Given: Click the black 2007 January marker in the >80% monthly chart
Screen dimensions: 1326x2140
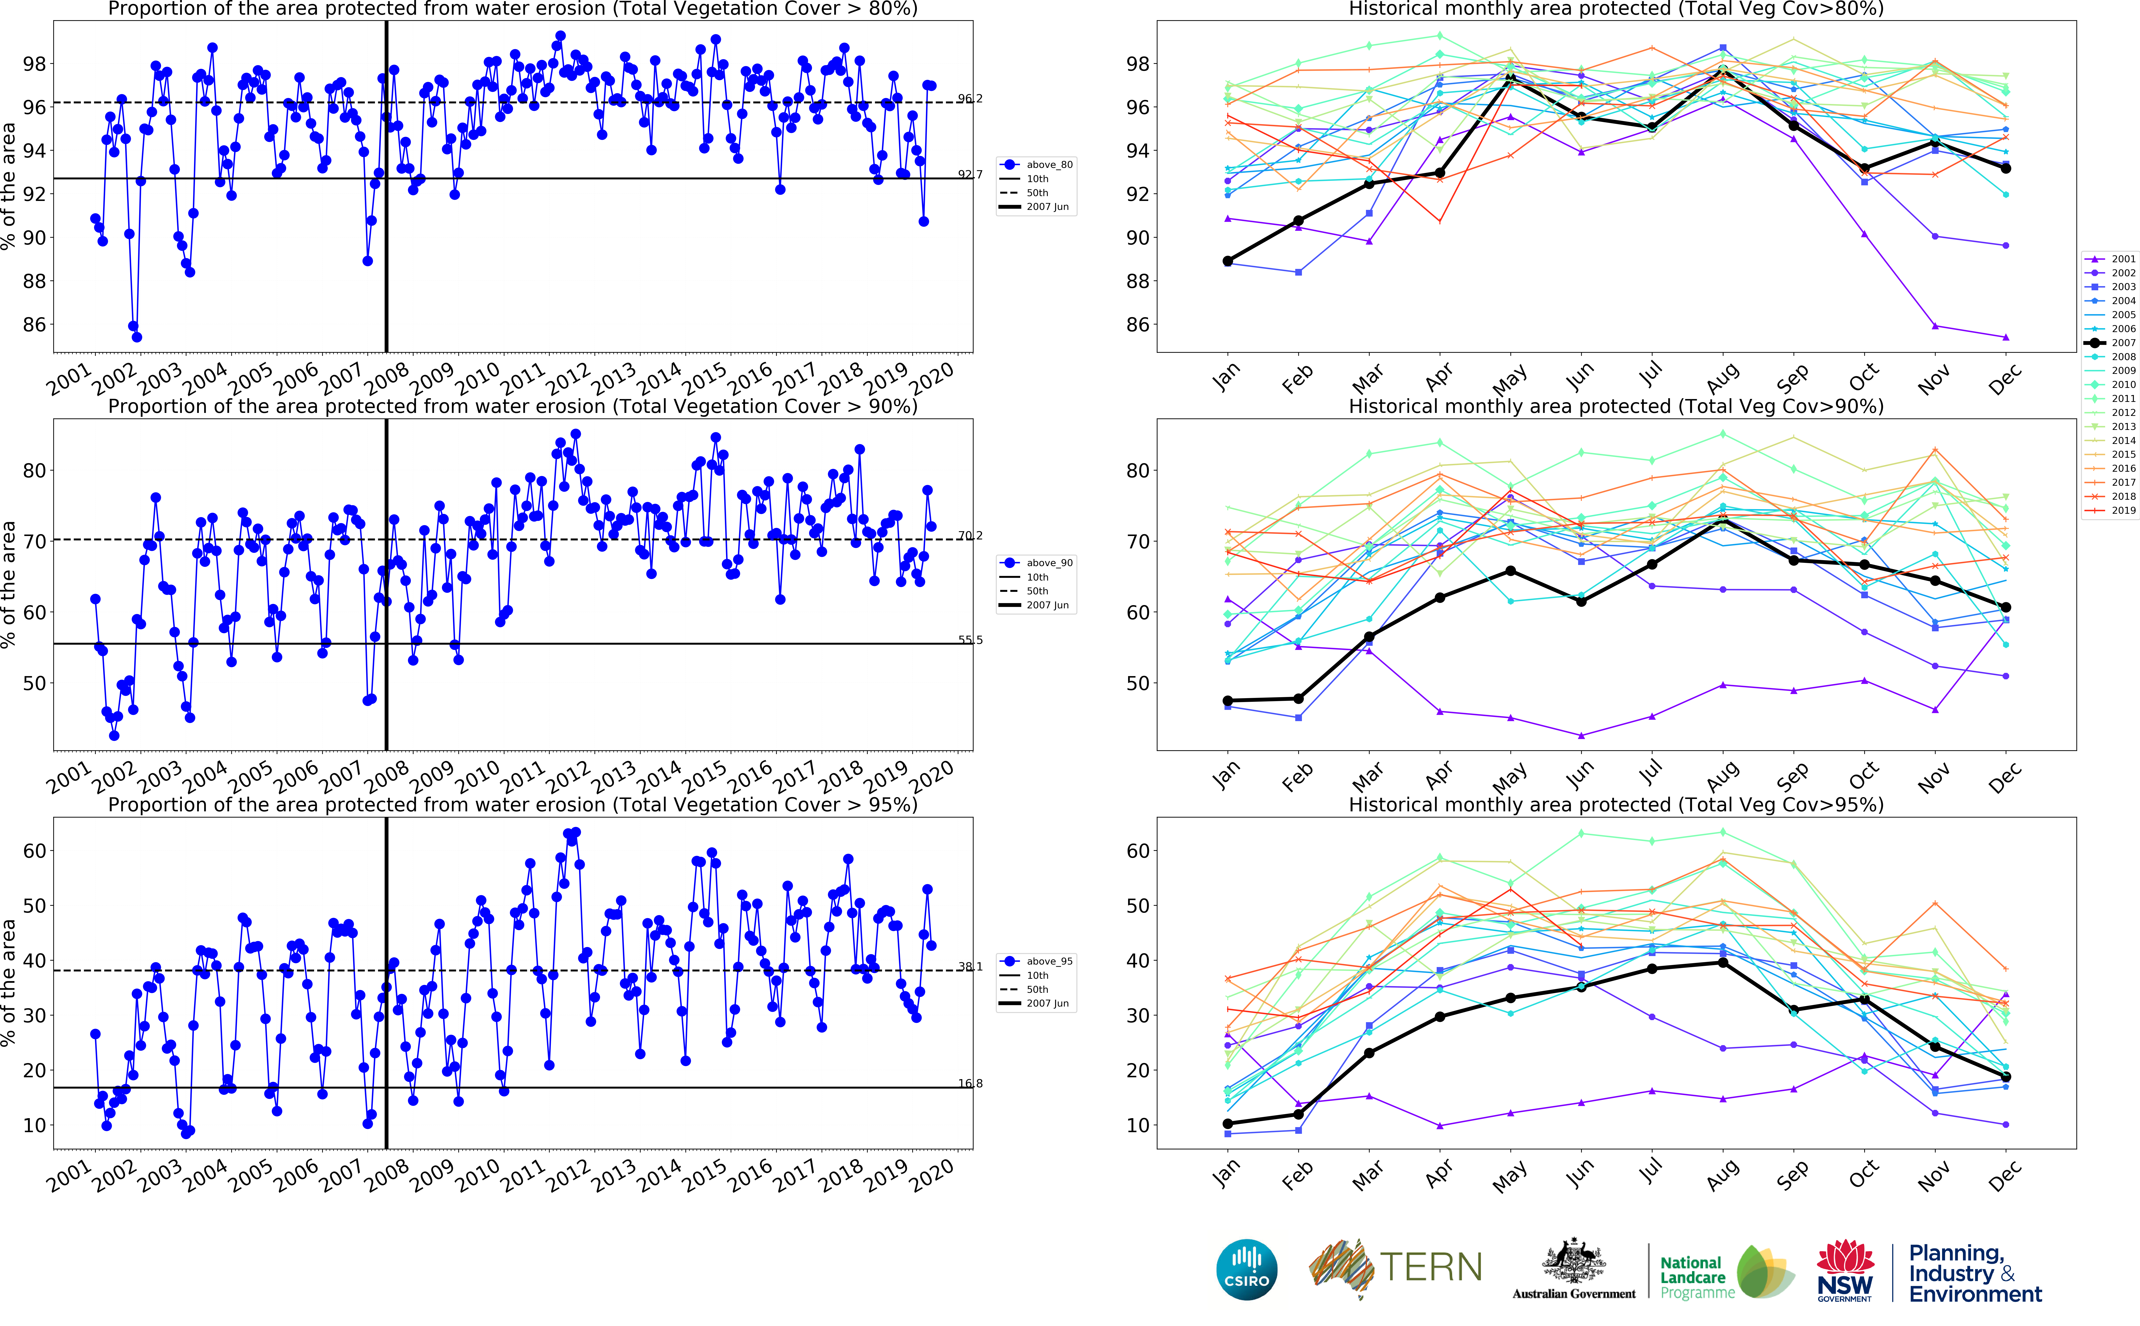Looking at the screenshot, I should (x=1227, y=261).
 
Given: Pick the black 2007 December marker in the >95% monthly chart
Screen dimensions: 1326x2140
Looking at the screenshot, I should (x=2006, y=1077).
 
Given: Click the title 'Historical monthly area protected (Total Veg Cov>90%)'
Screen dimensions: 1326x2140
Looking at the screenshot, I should (x=1616, y=406).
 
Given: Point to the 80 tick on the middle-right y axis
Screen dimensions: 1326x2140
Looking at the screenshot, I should (x=1137, y=471).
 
